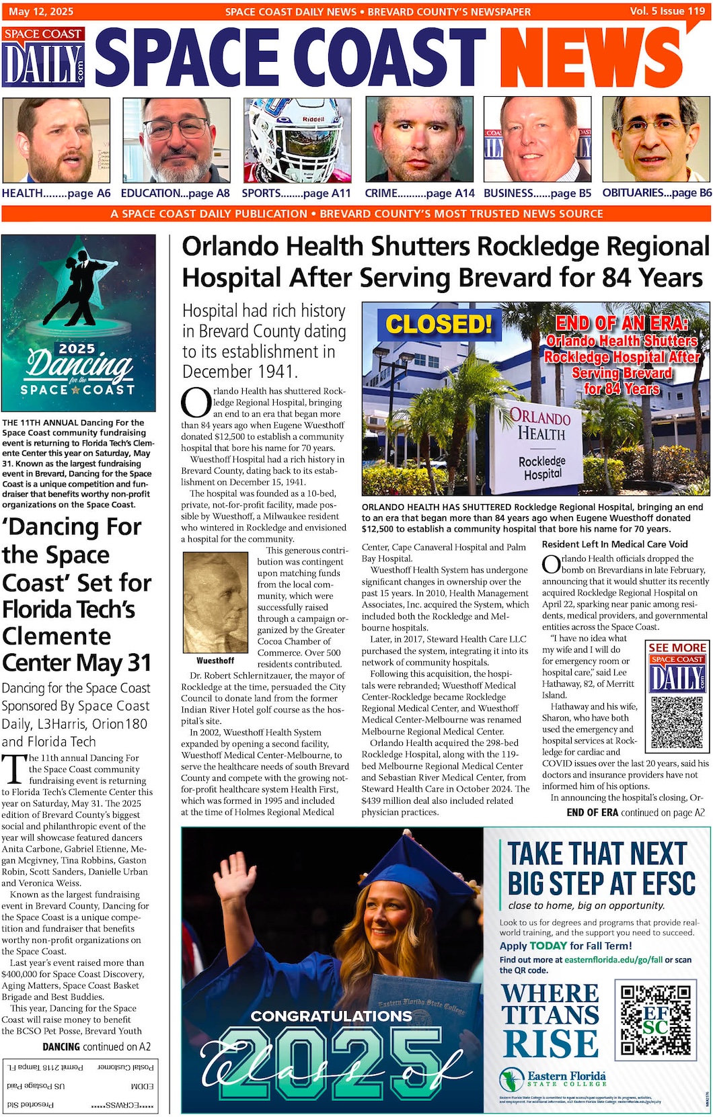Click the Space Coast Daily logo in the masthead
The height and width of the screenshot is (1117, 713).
[44, 57]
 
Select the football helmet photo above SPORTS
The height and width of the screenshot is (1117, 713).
[297, 140]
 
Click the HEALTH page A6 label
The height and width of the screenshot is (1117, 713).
[56, 194]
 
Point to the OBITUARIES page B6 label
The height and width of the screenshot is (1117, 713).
[656, 193]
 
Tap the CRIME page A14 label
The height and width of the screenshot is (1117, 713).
[419, 194]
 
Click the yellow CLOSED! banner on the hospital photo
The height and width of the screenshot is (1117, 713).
[439, 325]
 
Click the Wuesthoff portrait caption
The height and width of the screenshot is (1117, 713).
[215, 661]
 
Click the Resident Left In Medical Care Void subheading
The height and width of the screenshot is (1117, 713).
[615, 544]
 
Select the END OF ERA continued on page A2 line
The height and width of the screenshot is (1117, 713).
[635, 813]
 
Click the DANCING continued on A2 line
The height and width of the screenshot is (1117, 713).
[96, 1046]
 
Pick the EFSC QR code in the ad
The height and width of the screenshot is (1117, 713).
[655, 1019]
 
